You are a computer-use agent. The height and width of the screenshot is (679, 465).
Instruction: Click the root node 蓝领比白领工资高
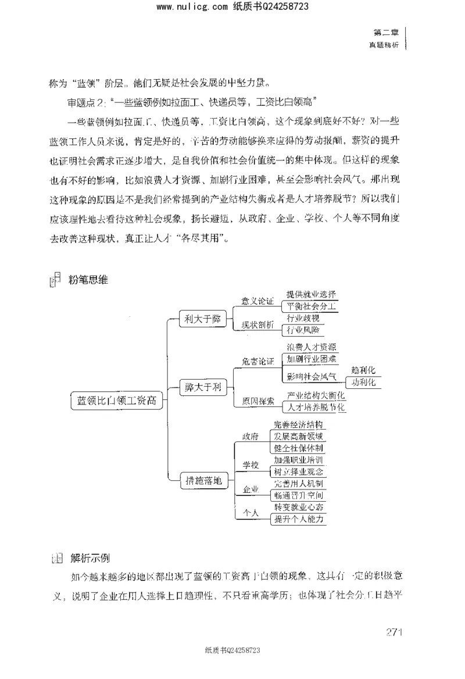click(x=116, y=400)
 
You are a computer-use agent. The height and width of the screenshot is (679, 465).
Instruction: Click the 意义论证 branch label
click(x=257, y=302)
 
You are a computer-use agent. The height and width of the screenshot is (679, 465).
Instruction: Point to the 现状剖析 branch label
click(x=257, y=326)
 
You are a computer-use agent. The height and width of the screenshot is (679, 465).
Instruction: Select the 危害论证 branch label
click(x=257, y=361)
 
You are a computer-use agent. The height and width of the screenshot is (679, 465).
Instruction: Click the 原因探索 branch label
click(x=257, y=401)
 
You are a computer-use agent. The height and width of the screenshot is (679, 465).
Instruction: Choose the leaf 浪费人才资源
click(x=311, y=347)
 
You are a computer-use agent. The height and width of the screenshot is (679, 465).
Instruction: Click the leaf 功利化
click(x=364, y=383)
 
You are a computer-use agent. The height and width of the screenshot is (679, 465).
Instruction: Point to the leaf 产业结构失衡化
click(x=316, y=395)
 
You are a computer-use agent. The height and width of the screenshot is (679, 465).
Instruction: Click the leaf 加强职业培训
click(x=299, y=460)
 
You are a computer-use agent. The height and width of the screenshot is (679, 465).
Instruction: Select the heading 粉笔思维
click(x=88, y=280)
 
